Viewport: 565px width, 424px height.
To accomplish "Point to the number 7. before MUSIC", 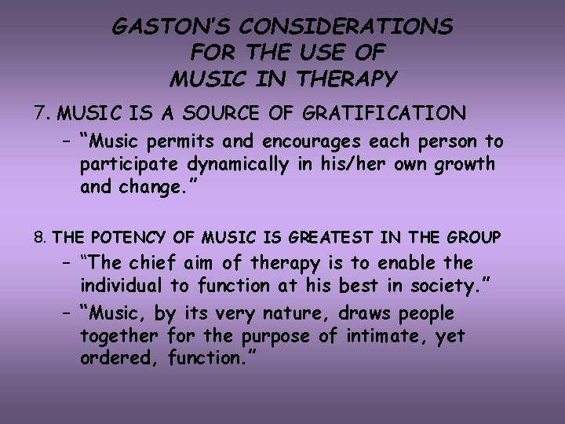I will (42, 114).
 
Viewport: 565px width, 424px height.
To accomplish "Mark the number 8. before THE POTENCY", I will (41, 237).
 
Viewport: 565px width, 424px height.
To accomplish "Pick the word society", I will (446, 286).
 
